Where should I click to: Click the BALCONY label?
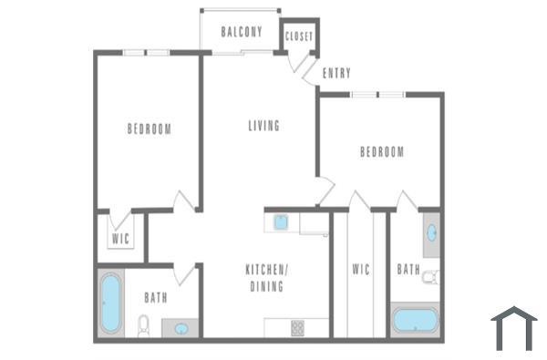(242, 32)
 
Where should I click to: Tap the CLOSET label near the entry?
(299, 36)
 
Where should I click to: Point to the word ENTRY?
(336, 73)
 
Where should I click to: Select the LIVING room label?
(263, 126)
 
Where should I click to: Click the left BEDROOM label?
(149, 129)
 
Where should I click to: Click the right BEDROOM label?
(381, 152)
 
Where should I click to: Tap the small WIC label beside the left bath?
(120, 239)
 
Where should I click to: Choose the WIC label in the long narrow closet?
(359, 270)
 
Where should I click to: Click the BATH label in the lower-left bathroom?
(155, 297)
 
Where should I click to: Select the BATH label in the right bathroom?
(408, 270)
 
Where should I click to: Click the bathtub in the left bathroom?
(111, 303)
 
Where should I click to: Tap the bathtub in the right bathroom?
(415, 322)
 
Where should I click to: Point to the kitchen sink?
(282, 221)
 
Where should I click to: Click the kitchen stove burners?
(298, 327)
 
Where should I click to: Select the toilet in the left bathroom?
(143, 324)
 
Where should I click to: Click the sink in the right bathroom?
(430, 232)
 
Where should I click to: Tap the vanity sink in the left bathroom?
(181, 328)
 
